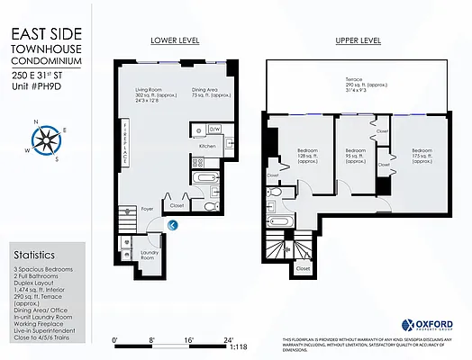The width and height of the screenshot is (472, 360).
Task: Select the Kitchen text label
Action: tap(206, 145)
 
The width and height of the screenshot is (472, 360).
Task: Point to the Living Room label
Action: tap(149, 94)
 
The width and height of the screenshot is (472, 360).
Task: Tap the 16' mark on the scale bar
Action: tap(189, 340)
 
